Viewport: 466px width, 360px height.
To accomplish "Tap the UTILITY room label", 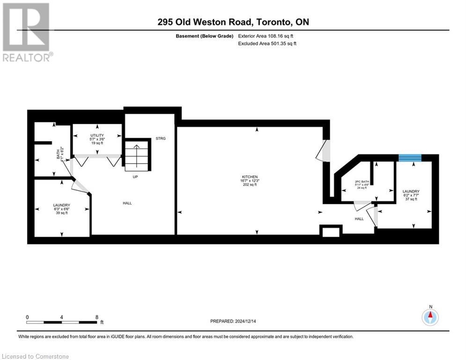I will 97,135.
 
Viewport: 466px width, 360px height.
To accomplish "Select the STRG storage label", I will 161,138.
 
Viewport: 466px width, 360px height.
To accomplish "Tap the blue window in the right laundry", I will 409,157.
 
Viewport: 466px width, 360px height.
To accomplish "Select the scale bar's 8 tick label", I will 96,317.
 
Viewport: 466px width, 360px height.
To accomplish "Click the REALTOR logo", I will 27,32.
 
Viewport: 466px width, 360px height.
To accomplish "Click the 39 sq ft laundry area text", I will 61,213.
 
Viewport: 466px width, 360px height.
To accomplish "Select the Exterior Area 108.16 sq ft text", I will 266,36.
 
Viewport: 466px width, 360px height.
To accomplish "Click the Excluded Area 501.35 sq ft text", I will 267,43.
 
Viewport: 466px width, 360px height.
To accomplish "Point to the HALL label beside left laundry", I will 127,203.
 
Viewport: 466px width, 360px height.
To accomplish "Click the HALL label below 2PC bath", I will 359,218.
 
